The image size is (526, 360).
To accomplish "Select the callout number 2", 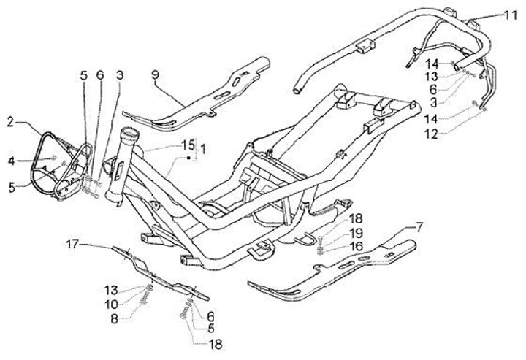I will tap(11, 120).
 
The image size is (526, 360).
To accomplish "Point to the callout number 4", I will tap(11, 161).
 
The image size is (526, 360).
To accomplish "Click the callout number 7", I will tap(420, 228).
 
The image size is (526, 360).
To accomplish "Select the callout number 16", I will tap(356, 247).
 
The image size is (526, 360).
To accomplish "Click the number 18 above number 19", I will tap(356, 218).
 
